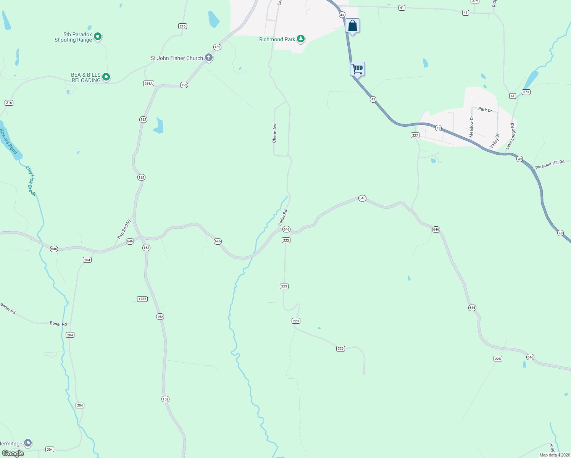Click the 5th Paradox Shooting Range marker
coord(98,37)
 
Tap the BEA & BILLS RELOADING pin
coord(106,77)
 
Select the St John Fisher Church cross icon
coord(209,58)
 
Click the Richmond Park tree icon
coord(301,39)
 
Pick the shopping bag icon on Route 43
coord(353,26)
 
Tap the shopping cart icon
coord(358,69)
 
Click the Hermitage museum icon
coord(27,443)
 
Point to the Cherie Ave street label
coord(274,132)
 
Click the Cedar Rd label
coord(283,217)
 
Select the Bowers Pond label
coord(8,141)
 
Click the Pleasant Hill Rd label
coord(550,164)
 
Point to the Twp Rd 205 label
coord(124,229)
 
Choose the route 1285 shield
coord(142,299)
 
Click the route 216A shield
coord(148,84)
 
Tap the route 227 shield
coord(415,135)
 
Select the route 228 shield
coord(498,358)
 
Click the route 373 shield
coord(526,92)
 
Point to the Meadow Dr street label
coord(471,127)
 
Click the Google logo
coord(13,453)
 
